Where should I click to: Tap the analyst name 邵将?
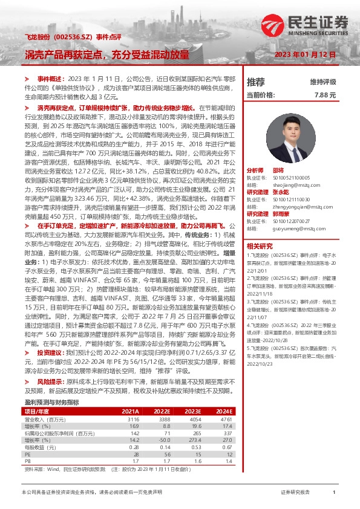pyautogui.click(x=277, y=171)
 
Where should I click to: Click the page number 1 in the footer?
pyautogui.click(x=334, y=493)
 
